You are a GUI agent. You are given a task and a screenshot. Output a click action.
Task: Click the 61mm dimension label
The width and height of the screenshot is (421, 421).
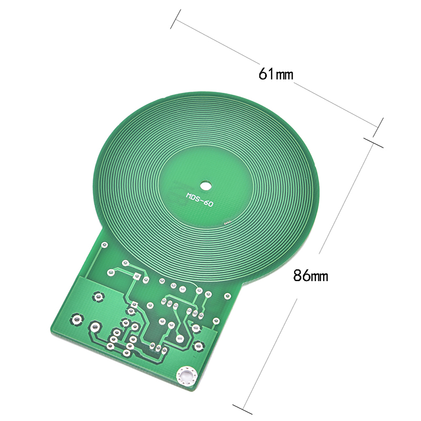click(276, 74)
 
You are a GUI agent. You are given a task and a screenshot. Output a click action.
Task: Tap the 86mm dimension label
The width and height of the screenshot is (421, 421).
click(310, 275)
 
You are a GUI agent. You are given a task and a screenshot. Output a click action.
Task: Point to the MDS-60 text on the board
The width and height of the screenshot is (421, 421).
click(200, 199)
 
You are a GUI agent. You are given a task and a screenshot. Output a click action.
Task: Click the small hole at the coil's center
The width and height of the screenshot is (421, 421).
click(206, 185)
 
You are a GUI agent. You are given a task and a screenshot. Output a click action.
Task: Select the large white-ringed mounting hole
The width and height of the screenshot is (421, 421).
click(186, 375)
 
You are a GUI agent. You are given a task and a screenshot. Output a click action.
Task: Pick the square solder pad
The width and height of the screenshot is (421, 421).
click(137, 276)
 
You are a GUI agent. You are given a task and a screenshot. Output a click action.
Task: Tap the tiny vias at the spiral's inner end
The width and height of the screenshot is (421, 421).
click(227, 223)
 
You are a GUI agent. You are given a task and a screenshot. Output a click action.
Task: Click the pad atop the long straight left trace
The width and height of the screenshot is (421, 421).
click(104, 245)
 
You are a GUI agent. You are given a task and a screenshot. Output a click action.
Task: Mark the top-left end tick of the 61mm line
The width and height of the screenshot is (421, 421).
click(175, 19)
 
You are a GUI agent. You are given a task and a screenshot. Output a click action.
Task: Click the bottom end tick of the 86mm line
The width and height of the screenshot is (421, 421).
click(243, 409)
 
